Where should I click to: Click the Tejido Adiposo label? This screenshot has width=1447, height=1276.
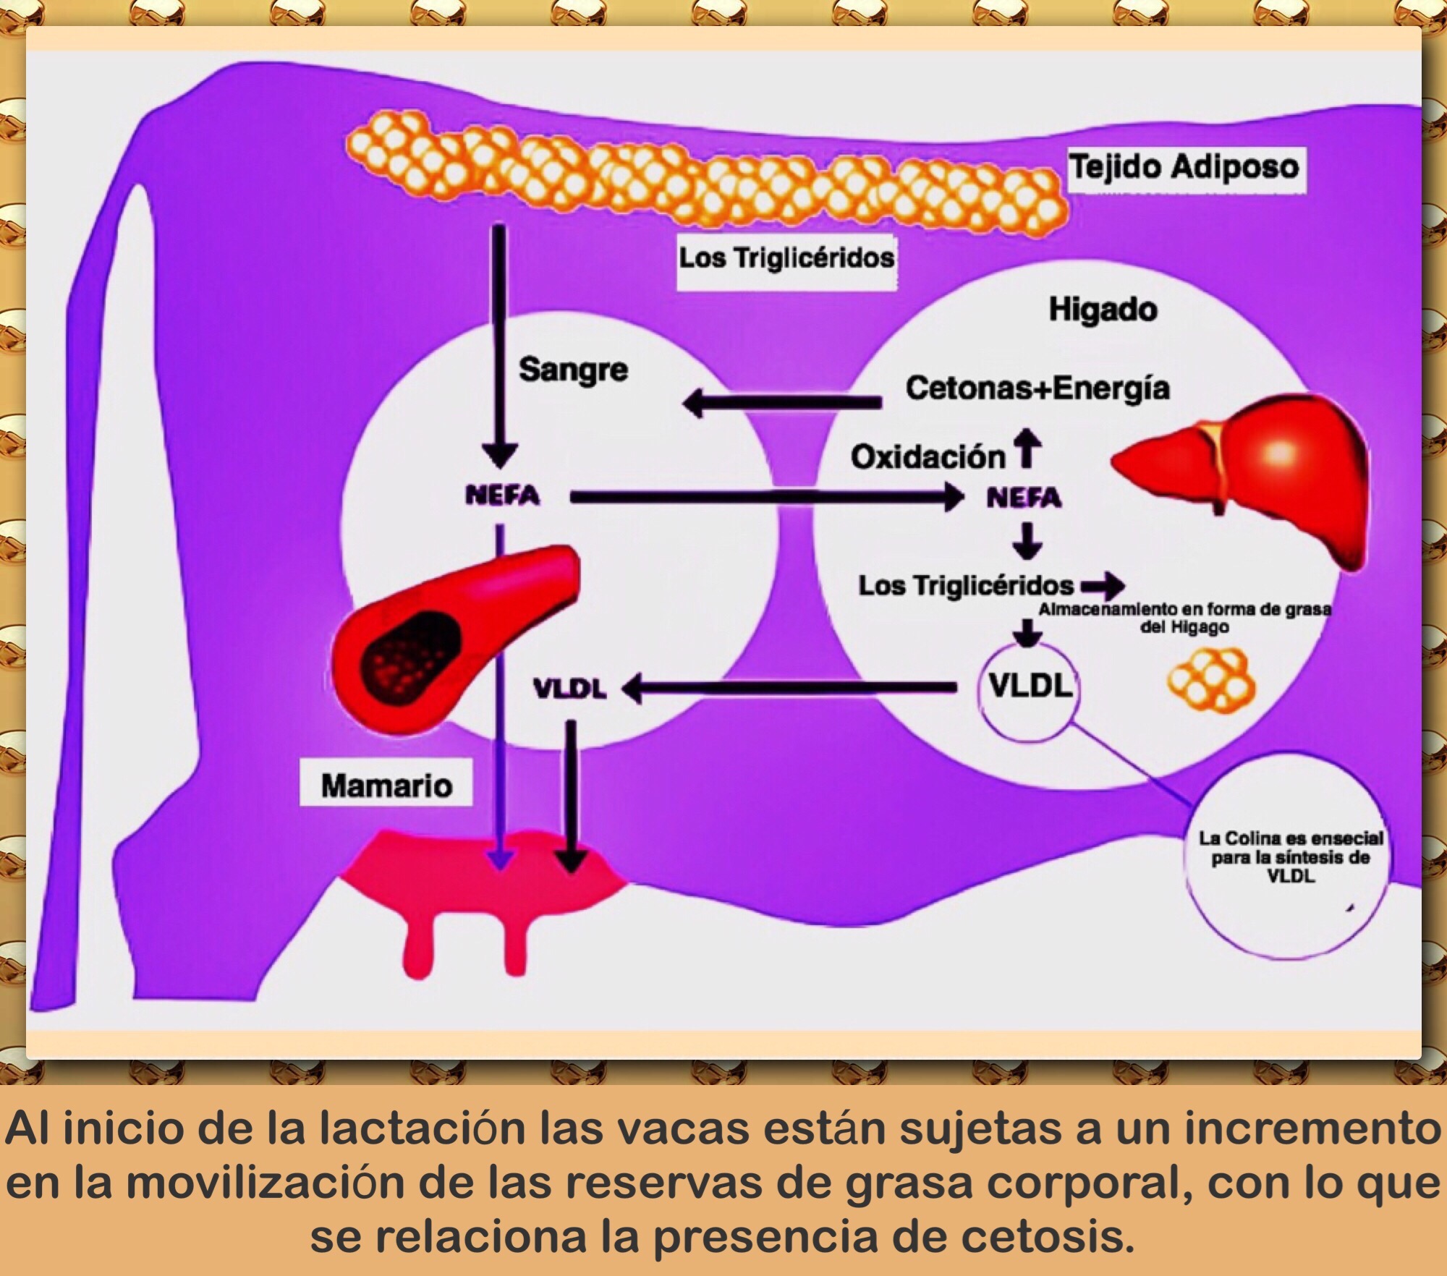(1185, 168)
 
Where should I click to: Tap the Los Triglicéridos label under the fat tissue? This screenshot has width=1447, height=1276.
(786, 258)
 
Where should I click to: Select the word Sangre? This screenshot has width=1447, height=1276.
(573, 370)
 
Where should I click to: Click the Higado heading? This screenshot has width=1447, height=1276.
(1103, 310)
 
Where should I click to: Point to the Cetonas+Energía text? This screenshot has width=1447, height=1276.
(1037, 388)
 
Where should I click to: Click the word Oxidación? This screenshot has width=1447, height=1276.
(928, 457)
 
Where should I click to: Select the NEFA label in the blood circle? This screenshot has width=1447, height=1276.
(502, 496)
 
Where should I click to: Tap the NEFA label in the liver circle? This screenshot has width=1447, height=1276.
(1024, 498)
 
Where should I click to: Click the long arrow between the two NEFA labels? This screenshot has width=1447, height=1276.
(760, 497)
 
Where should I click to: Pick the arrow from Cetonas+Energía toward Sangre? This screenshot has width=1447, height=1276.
(781, 402)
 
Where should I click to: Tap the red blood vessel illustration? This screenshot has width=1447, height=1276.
(449, 637)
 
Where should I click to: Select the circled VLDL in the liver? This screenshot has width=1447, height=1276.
(1029, 686)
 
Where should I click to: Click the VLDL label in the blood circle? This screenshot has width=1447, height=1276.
(569, 689)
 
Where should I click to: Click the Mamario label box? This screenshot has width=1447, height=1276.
(386, 786)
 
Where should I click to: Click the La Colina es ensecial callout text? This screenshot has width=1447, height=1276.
(1291, 857)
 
